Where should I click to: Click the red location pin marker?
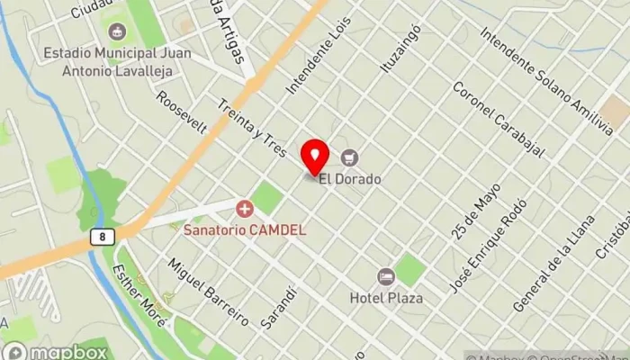pyautogui.click(x=314, y=157)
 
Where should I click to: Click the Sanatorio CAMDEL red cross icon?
pyautogui.click(x=244, y=210)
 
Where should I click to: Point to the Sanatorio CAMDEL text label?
pyautogui.click(x=245, y=229)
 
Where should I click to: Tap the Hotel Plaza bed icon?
pyautogui.click(x=386, y=276)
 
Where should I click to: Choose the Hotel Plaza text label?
pyautogui.click(x=387, y=296)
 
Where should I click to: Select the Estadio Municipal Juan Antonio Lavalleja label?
pyautogui.click(x=117, y=62)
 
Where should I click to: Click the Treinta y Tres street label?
pyautogui.click(x=252, y=135)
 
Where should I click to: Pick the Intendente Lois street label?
pyautogui.click(x=316, y=67)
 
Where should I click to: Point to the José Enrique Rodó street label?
pyautogui.click(x=485, y=246)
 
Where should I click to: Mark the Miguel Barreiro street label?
pyautogui.click(x=207, y=289)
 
